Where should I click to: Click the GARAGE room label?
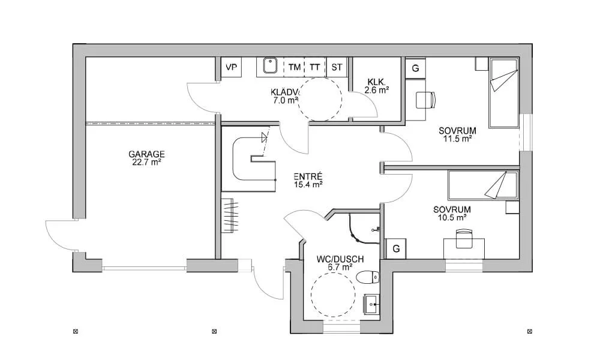click(x=146, y=154)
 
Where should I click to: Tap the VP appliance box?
click(x=231, y=67)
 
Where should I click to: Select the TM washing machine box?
click(x=294, y=67)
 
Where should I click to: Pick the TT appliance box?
click(x=315, y=67)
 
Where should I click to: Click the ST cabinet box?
click(x=337, y=67)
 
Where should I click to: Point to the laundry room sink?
click(x=270, y=65)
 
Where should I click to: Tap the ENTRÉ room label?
click(x=308, y=177)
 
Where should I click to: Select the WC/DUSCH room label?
click(x=340, y=259)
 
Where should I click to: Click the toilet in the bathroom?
click(x=367, y=277)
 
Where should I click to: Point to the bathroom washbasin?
click(x=371, y=305)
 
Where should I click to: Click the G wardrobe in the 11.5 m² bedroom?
click(x=415, y=68)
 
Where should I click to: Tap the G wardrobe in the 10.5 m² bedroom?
click(x=396, y=248)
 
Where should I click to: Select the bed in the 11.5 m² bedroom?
click(x=503, y=92)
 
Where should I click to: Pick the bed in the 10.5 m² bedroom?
click(x=484, y=185)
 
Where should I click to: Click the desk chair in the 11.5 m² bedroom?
click(x=426, y=100)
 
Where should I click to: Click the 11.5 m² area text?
click(x=457, y=139)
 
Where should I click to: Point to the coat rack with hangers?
click(x=231, y=215)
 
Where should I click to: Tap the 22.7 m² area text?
click(x=146, y=162)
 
